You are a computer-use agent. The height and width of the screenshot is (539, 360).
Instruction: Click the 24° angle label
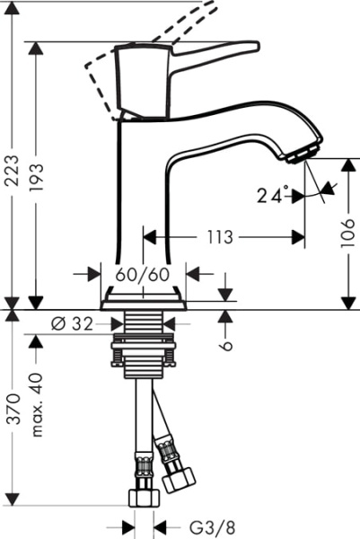click(x=274, y=193)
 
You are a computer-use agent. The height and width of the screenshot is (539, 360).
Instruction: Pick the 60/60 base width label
click(x=141, y=274)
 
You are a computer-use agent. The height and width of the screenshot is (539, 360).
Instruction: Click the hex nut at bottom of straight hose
click(x=142, y=497)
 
